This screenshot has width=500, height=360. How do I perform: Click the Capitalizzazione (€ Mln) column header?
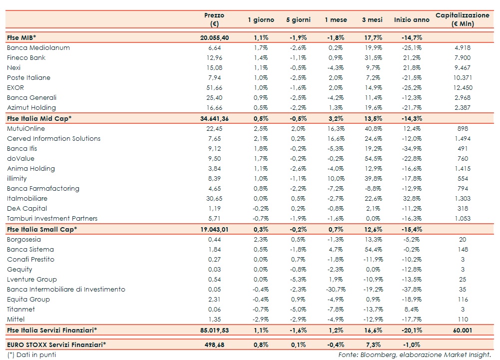click(x=462, y=19)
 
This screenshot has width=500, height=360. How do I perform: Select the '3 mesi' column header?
click(x=372, y=20)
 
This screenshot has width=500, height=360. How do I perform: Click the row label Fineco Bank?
click(x=26, y=58)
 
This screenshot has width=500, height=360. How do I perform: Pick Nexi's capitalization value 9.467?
click(x=462, y=68)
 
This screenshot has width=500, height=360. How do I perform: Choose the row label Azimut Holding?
click(x=31, y=108)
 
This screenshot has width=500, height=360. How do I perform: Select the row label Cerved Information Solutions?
click(x=54, y=139)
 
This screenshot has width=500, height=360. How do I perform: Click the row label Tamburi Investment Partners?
click(x=52, y=219)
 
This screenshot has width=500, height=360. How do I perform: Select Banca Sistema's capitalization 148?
click(x=462, y=250)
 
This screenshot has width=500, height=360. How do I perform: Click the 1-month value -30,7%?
click(x=333, y=290)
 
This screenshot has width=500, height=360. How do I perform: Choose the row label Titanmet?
click(x=21, y=310)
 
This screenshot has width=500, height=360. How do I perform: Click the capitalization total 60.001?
click(x=462, y=330)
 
